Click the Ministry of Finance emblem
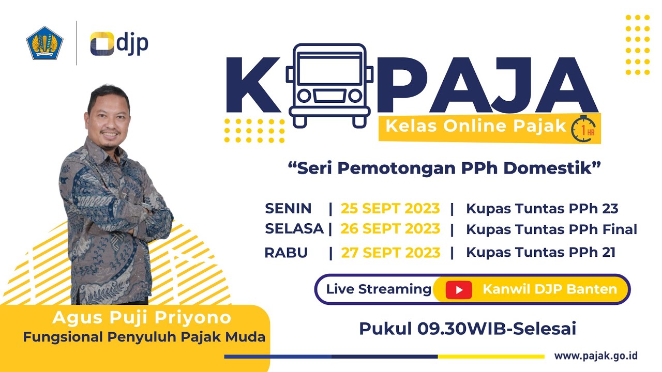(x=44, y=43)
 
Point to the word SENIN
(x=288, y=209)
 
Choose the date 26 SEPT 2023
(x=390, y=228)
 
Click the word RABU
(x=286, y=253)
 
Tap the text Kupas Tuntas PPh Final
(x=551, y=229)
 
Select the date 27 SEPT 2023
(x=390, y=253)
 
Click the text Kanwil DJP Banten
(x=550, y=289)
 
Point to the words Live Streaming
(x=379, y=289)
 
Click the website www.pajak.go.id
(x=596, y=356)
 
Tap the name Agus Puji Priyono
(x=142, y=317)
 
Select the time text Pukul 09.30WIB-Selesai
(x=468, y=328)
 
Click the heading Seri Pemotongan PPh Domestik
(x=445, y=168)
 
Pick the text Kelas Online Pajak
(x=476, y=126)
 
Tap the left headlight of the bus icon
(x=305, y=96)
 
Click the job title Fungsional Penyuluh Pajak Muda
(x=144, y=337)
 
